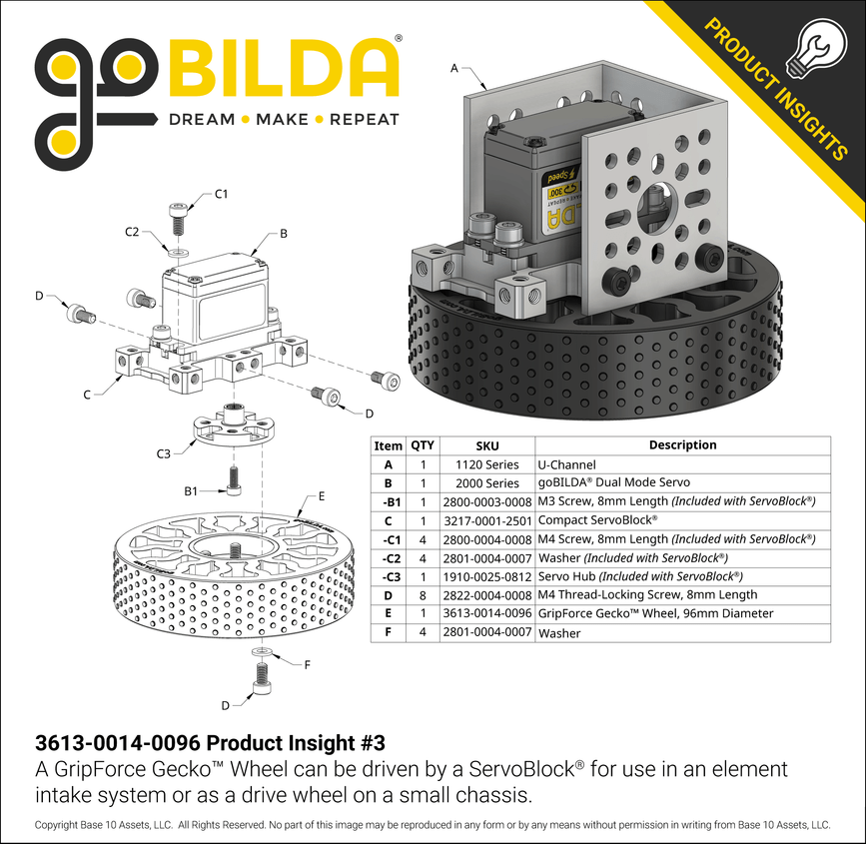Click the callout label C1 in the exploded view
223,193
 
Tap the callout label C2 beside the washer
133,232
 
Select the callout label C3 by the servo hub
164,453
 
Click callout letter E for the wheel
321,495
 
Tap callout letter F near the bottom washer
306,664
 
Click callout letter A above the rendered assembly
455,69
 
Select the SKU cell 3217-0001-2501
486,520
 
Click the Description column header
682,445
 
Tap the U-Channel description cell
566,464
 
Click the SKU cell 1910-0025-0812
486,576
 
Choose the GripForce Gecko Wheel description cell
654,613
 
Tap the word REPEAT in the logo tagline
364,119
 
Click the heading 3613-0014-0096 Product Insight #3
209,743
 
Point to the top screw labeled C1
178,215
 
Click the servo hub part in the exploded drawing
232,425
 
